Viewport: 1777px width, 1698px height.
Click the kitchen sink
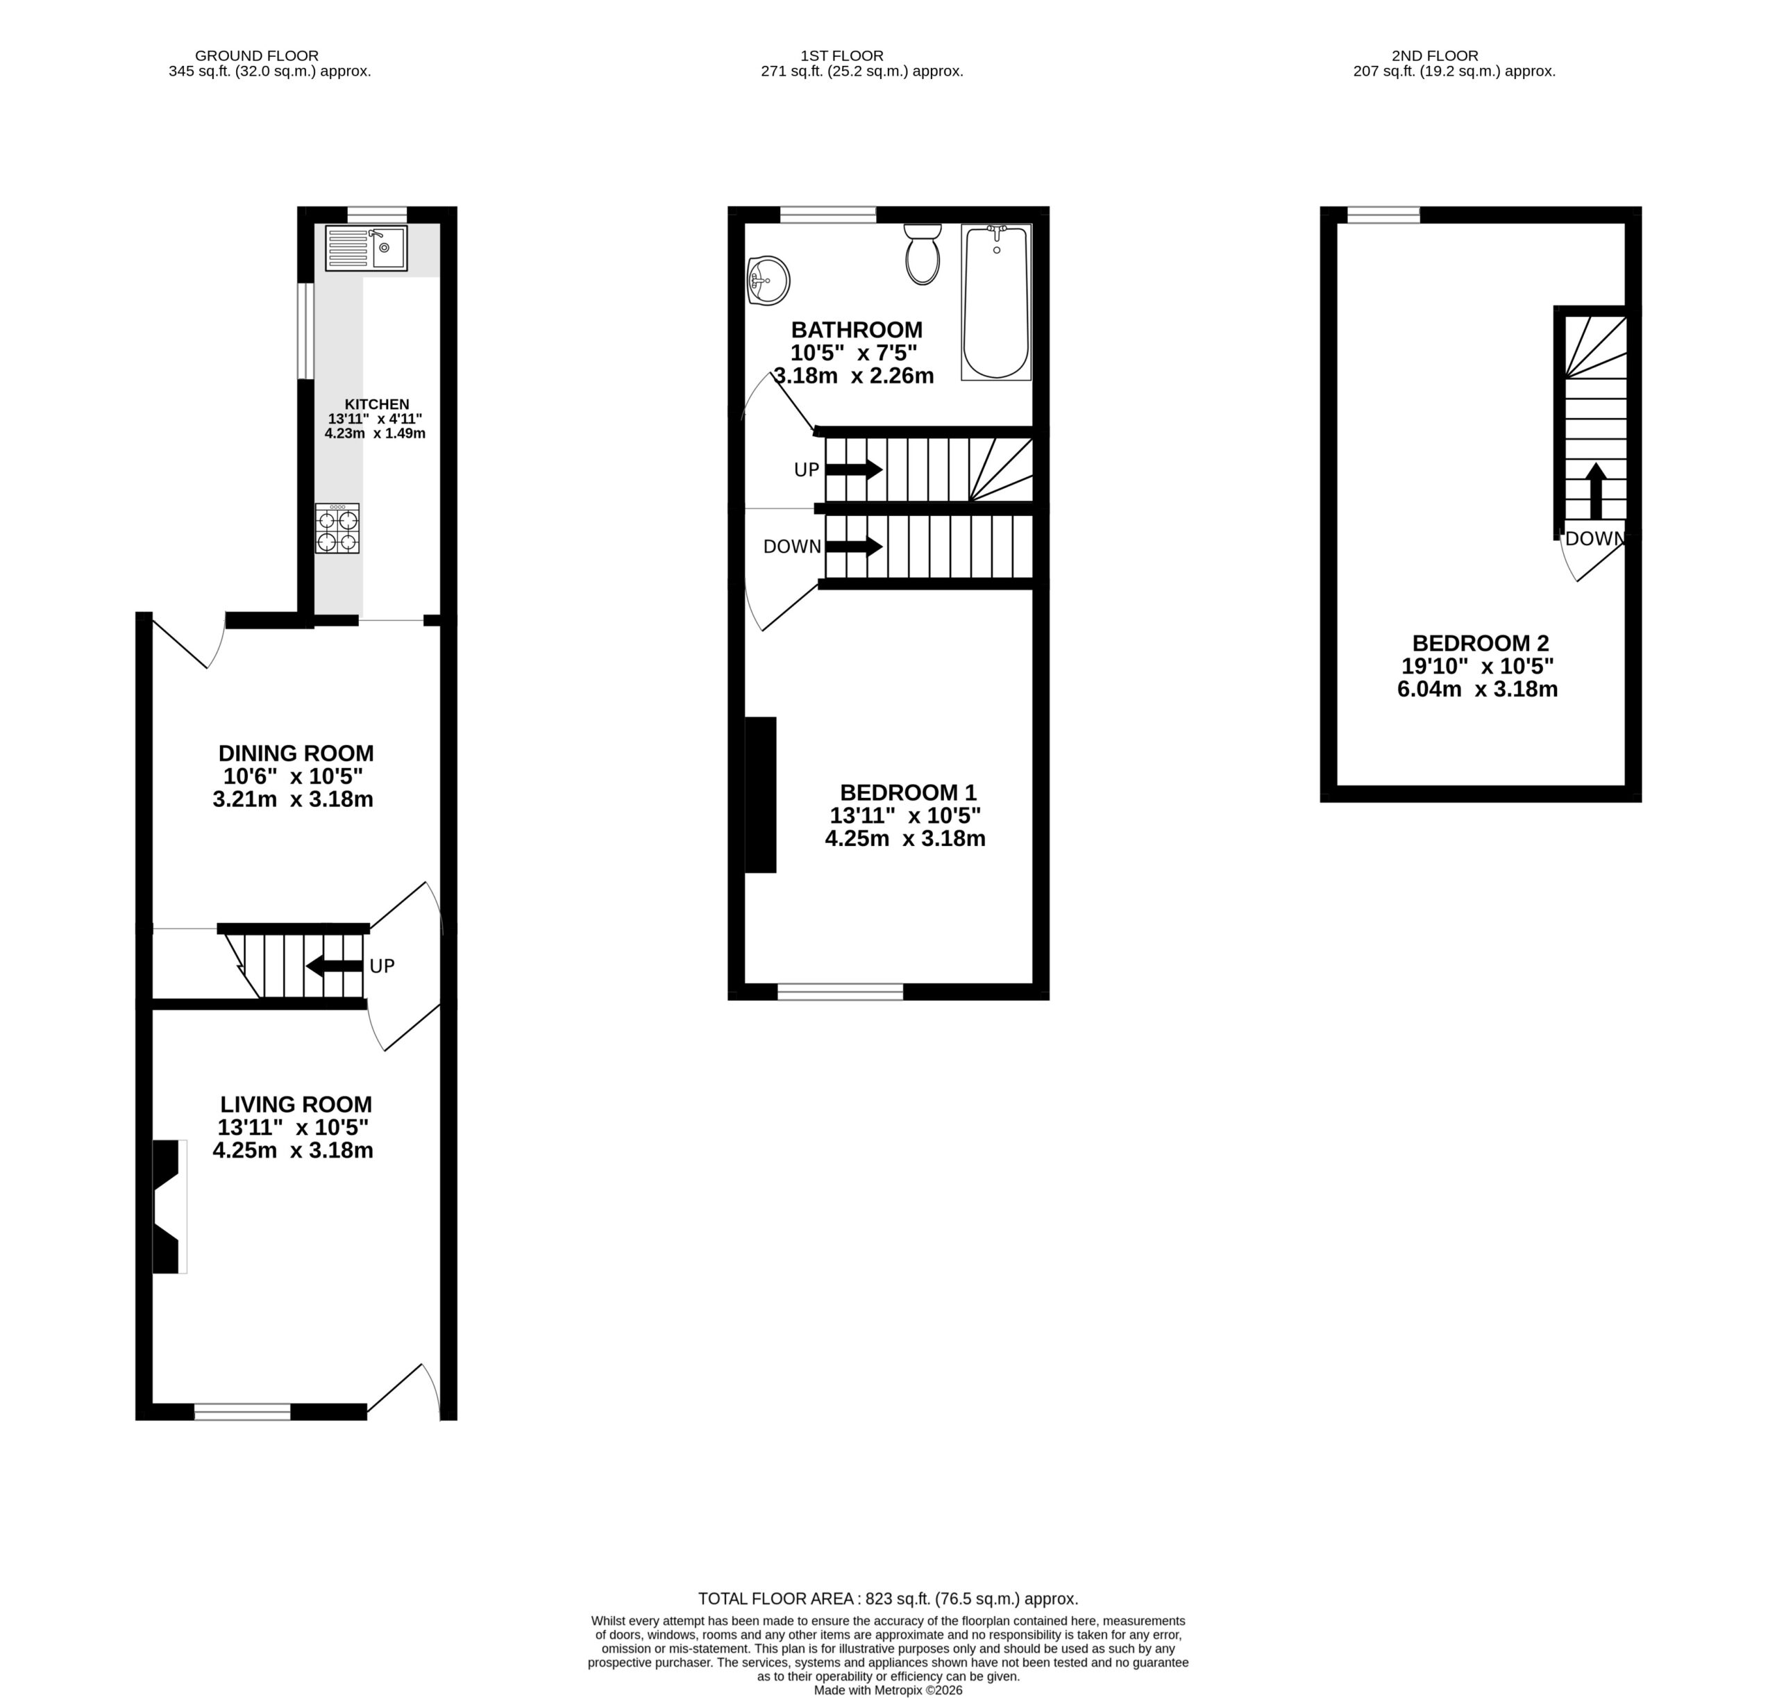point(367,248)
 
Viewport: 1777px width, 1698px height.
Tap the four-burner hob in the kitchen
point(337,528)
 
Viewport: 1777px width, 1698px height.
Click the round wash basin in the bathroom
point(768,280)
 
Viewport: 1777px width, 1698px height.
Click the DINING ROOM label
point(296,753)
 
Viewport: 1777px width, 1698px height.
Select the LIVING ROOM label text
point(296,1104)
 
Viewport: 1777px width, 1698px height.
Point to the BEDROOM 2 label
point(1480,644)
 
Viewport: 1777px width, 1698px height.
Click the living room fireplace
point(168,1206)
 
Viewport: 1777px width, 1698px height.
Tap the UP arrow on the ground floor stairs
point(335,966)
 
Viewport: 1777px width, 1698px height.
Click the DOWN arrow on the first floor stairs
point(853,547)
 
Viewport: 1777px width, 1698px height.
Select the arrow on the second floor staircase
point(1595,492)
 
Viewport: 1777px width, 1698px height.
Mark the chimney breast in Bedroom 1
point(760,794)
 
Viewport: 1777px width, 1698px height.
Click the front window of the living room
point(242,1411)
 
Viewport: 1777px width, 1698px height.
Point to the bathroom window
point(828,215)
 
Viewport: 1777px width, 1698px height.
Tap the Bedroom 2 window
point(1383,215)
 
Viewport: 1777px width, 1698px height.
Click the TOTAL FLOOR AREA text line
point(888,1599)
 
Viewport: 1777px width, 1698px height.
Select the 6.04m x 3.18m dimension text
point(1478,690)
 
